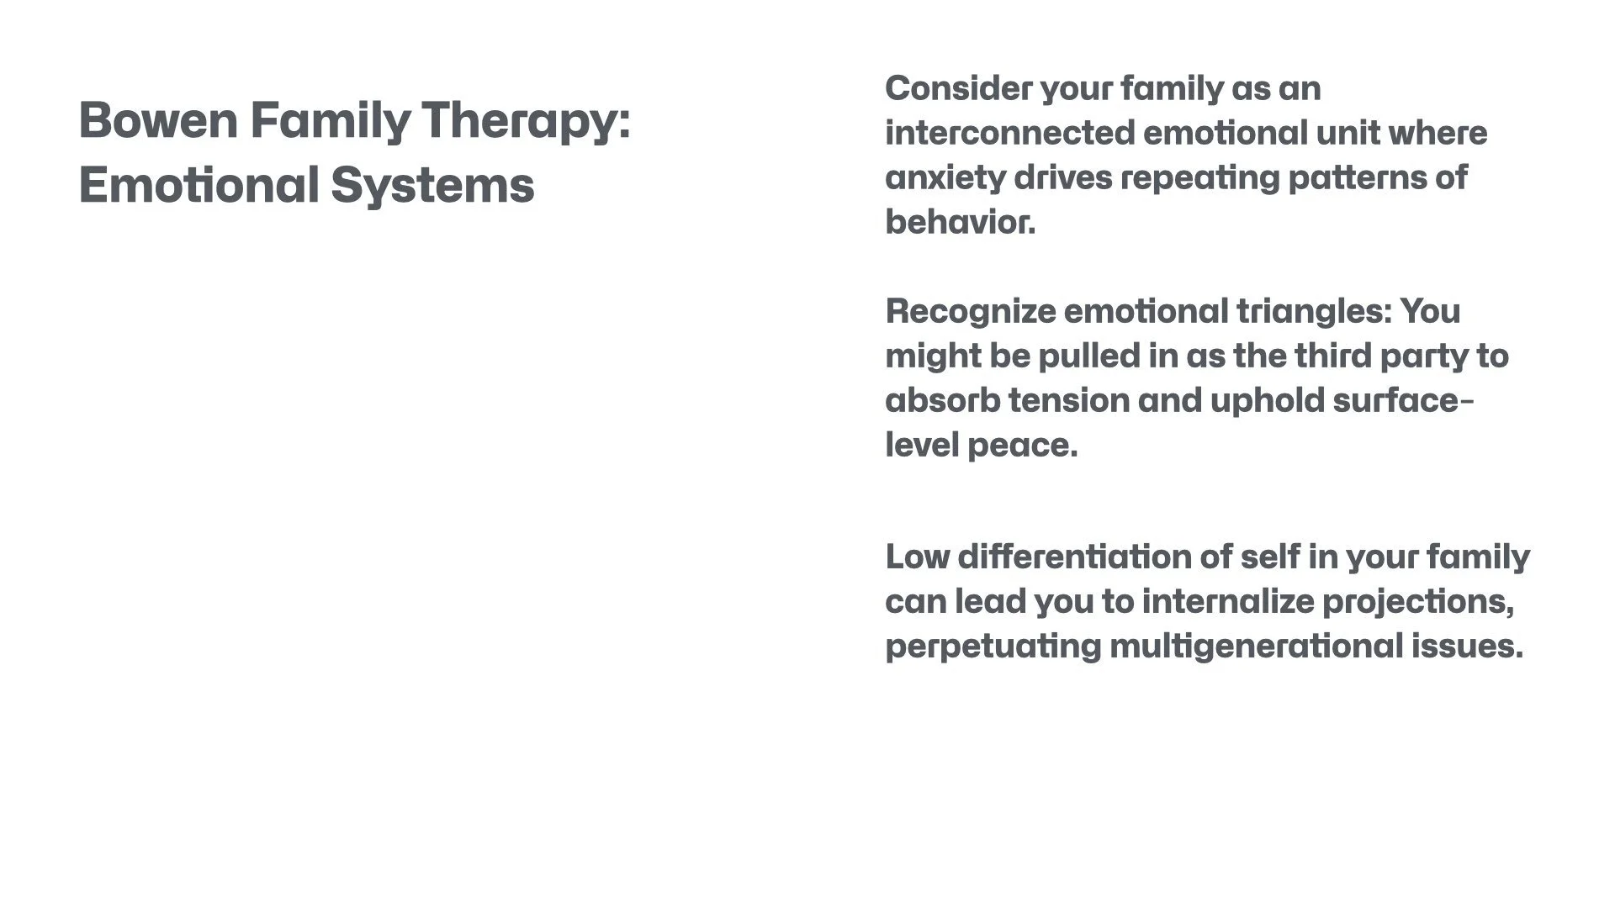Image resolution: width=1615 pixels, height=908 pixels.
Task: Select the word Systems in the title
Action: coord(432,186)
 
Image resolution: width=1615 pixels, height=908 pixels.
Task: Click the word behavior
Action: coord(960,223)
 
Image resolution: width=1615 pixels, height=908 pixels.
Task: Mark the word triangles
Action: coord(1314,312)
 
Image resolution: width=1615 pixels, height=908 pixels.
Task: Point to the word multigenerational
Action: coord(1257,647)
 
